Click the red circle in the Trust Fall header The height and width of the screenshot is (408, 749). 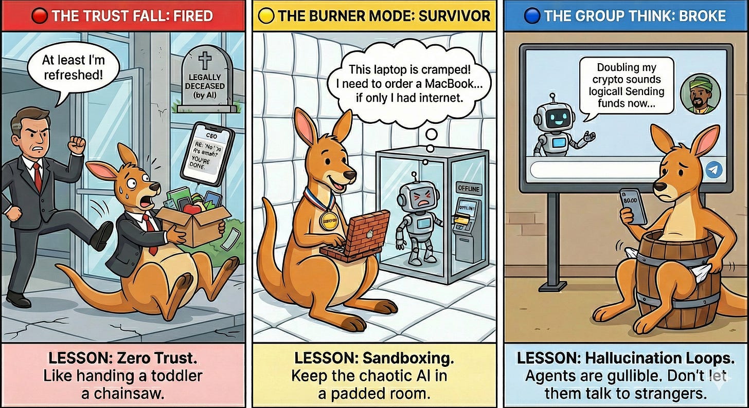[39, 16]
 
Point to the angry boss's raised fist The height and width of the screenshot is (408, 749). [77, 143]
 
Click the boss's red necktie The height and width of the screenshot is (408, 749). [38, 175]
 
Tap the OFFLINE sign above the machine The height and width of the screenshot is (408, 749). [468, 189]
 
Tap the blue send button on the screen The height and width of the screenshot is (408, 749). [713, 169]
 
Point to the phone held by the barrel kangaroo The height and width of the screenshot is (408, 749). [632, 205]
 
